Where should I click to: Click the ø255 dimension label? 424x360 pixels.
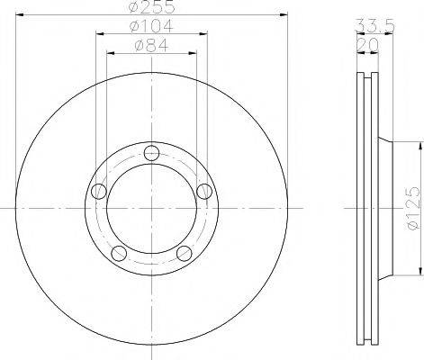pyautogui.click(x=151, y=6)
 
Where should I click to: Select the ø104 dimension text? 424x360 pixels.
pyautogui.click(x=151, y=26)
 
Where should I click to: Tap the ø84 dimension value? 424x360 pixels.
pyautogui.click(x=152, y=45)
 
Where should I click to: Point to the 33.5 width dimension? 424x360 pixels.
pyautogui.click(x=374, y=25)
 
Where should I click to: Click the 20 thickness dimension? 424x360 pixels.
pyautogui.click(x=367, y=45)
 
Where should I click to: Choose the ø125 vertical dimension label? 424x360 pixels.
pyautogui.click(x=413, y=208)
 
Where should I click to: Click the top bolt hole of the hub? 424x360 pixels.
pyautogui.click(x=151, y=153)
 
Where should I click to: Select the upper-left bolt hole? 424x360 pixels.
pyautogui.click(x=99, y=191)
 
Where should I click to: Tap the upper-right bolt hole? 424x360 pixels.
pyautogui.click(x=204, y=191)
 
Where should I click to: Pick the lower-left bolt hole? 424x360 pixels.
pyautogui.click(x=119, y=254)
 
